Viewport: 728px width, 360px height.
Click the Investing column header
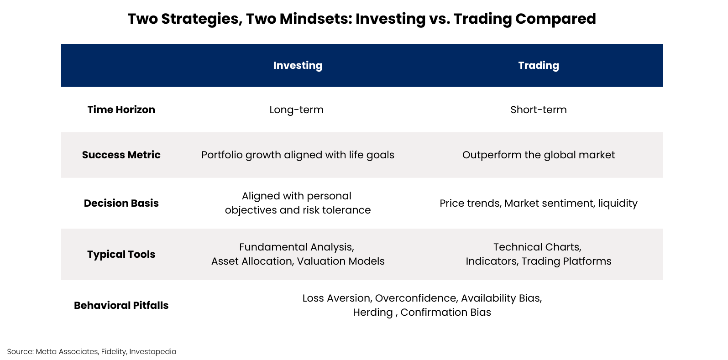tap(298, 66)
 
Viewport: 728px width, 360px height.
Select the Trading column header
tap(539, 66)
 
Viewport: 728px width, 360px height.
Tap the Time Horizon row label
tap(121, 110)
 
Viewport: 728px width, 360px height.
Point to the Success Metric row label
tap(121, 155)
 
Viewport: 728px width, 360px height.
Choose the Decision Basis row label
tap(121, 203)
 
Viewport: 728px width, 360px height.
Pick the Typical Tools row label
tap(121, 254)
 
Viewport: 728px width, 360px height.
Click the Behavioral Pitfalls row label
tap(121, 305)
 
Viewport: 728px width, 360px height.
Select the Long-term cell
tap(296, 110)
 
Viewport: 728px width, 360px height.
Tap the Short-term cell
tap(539, 110)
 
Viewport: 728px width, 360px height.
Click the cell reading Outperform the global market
tap(539, 155)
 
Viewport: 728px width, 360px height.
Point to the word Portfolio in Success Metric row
tap(222, 155)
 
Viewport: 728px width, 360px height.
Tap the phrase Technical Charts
tap(537, 247)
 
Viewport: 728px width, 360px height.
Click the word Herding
tap(373, 313)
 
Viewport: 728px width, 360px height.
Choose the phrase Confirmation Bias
tap(445, 312)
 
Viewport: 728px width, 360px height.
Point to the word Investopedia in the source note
tap(153, 351)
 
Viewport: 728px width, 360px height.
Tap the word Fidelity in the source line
tap(114, 351)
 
